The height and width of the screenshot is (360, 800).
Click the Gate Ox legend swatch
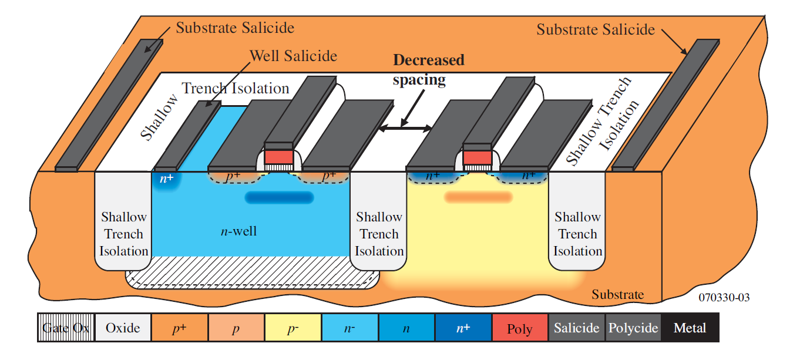[x=66, y=328]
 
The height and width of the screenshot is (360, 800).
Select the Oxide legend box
[x=123, y=328]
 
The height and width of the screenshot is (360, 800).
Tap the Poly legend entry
[x=520, y=328]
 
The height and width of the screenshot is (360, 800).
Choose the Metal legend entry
[x=690, y=328]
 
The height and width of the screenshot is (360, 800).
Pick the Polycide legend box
[x=633, y=328]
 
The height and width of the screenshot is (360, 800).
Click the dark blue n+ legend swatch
[x=463, y=328]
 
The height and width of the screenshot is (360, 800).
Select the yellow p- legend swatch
[x=293, y=328]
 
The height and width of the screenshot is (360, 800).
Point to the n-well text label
[x=238, y=231]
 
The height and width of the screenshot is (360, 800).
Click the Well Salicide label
[x=293, y=56]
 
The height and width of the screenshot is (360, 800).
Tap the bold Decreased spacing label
[x=429, y=70]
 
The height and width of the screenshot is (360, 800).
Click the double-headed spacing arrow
[x=405, y=128]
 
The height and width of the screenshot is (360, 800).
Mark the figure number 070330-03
[x=724, y=297]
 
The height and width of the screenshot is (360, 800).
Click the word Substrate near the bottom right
[x=617, y=294]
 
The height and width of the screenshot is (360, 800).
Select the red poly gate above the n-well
[x=279, y=157]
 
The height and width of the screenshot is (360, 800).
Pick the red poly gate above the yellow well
[x=477, y=157]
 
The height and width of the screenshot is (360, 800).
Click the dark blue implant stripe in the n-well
[x=279, y=197]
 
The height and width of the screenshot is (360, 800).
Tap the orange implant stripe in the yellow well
[x=478, y=197]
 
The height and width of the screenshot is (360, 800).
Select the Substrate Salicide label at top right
[x=596, y=29]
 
